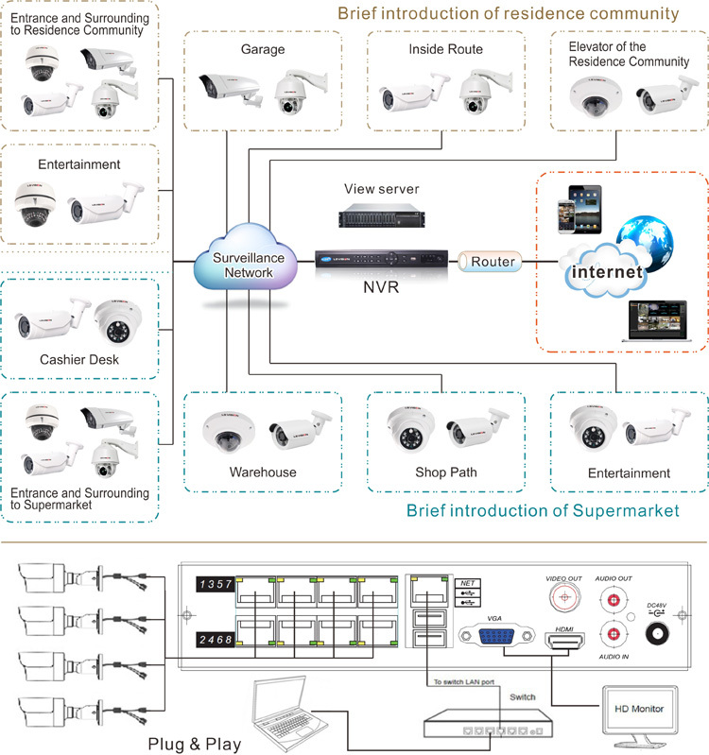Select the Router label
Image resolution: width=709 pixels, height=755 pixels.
493,262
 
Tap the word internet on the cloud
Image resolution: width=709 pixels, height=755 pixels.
605,273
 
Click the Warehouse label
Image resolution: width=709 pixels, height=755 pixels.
263,472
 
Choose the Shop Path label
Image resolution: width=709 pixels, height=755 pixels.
445,472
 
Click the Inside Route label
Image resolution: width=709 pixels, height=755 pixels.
445,49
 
